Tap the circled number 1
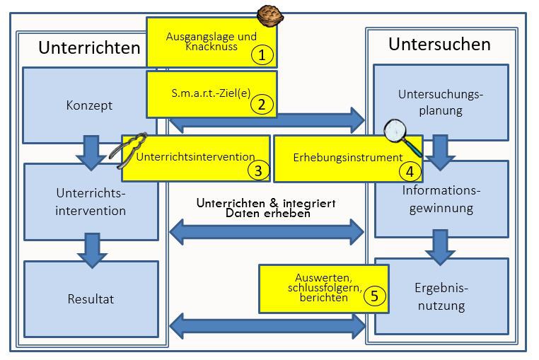262,54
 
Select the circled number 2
262,105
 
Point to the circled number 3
258,170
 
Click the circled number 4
410,170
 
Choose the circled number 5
376,296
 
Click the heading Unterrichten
89,48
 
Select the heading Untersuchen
439,45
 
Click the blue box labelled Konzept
89,105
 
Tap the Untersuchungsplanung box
440,102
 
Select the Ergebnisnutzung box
441,297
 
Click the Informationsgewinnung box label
441,199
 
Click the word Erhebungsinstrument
337,157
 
